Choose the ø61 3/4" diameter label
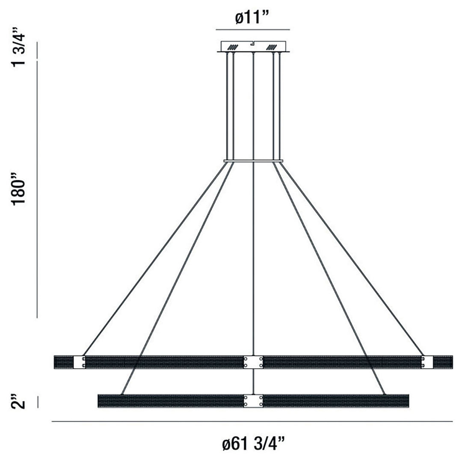coord(253,443)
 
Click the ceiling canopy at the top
coord(253,46)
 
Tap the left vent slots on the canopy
coord(233,47)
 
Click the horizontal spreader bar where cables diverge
coord(253,161)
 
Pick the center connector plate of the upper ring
coord(253,362)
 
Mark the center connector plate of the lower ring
coord(253,401)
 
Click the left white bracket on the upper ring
coord(80,362)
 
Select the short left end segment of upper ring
coord(63,362)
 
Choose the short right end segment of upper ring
coord(443,362)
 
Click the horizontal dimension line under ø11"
coord(253,30)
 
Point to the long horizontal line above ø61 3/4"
coord(252,421)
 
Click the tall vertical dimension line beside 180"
coord(38,189)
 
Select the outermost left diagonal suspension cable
coord(154,259)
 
